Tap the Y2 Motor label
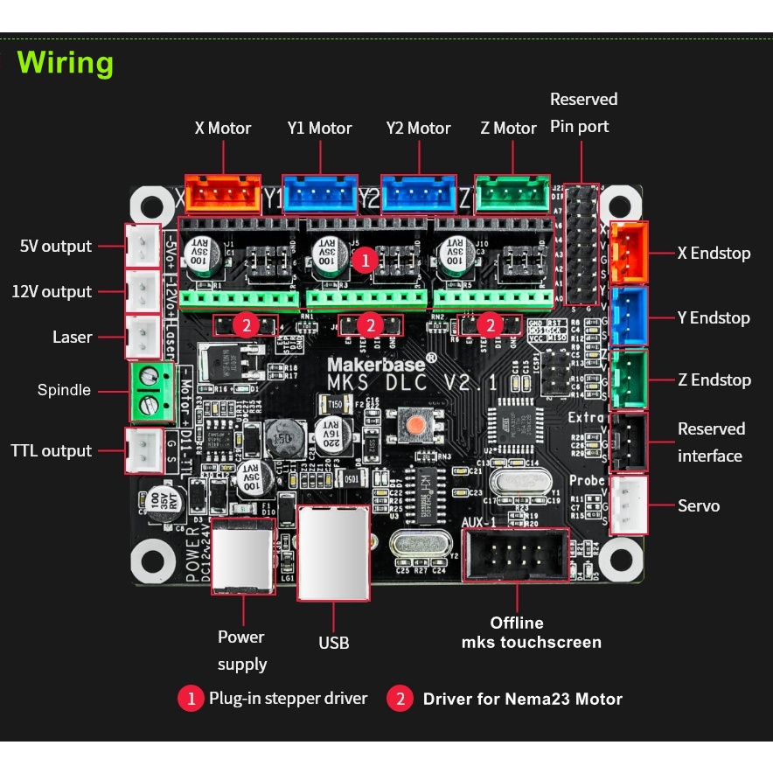point(418,129)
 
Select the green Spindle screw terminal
point(150,390)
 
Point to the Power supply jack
point(242,556)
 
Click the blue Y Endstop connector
point(630,317)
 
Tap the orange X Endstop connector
point(630,252)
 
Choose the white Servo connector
point(630,505)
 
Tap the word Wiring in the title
point(66,63)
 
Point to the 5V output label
point(55,247)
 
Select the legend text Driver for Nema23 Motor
point(522,699)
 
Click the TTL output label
point(51,451)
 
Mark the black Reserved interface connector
point(630,441)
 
